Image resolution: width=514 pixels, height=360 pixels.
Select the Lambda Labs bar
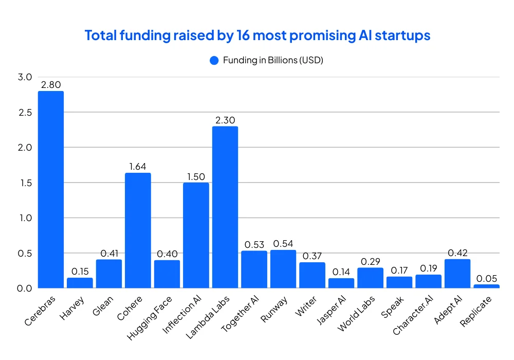(225, 207)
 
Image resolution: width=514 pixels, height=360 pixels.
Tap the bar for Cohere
(138, 230)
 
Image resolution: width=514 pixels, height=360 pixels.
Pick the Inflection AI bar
(196, 235)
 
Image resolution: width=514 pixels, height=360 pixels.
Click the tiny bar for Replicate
(486, 286)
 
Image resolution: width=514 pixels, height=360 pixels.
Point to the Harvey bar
(80, 283)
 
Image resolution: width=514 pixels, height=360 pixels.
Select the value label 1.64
(138, 167)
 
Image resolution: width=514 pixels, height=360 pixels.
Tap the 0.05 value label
(486, 278)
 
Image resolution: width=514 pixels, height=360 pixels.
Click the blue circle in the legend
(214, 60)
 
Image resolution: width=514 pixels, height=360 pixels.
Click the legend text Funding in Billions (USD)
(272, 60)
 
